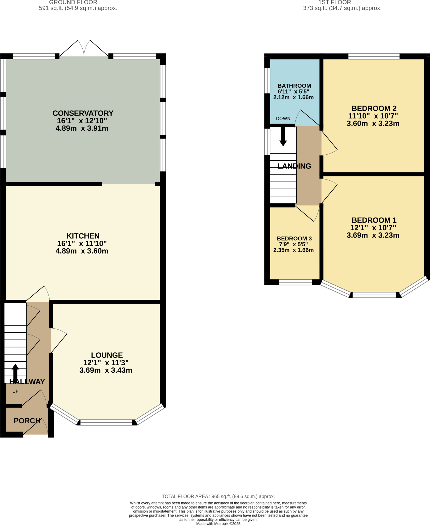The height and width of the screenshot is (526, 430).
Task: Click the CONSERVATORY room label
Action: [83, 113]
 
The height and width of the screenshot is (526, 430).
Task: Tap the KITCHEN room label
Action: [83, 236]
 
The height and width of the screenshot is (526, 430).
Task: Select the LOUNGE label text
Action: [107, 355]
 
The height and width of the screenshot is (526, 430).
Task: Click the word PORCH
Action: [27, 421]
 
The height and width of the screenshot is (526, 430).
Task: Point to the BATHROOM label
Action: [294, 86]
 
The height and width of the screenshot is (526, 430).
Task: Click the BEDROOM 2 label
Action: [374, 108]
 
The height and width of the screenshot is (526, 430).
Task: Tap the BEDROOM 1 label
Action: [374, 220]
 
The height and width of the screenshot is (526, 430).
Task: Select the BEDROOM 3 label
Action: [294, 239]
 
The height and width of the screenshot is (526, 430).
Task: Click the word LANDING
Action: [294, 166]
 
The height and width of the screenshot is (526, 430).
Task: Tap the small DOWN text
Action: [283, 119]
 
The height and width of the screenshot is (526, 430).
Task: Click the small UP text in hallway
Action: [15, 391]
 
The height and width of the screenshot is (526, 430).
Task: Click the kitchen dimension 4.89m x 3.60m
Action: [82, 251]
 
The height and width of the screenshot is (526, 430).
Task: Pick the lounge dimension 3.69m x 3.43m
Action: [106, 370]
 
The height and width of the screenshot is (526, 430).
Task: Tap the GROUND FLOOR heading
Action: [73, 3]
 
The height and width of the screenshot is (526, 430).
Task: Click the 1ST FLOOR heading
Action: [335, 3]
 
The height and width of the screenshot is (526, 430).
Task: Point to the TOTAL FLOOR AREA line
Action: [218, 496]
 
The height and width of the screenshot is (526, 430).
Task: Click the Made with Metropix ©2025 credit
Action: [218, 524]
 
